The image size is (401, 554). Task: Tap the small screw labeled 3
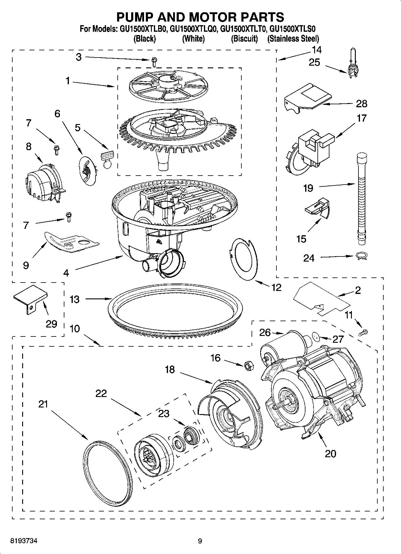click(154, 62)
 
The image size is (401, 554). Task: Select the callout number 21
click(43, 404)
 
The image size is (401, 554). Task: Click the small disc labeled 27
click(315, 336)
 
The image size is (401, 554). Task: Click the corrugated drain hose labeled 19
click(361, 198)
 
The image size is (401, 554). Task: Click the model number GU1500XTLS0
click(293, 29)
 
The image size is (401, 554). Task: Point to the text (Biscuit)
click(244, 39)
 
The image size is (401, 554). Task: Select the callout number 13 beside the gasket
click(75, 299)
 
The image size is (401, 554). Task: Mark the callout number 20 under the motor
click(330, 454)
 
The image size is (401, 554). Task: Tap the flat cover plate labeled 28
click(308, 98)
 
